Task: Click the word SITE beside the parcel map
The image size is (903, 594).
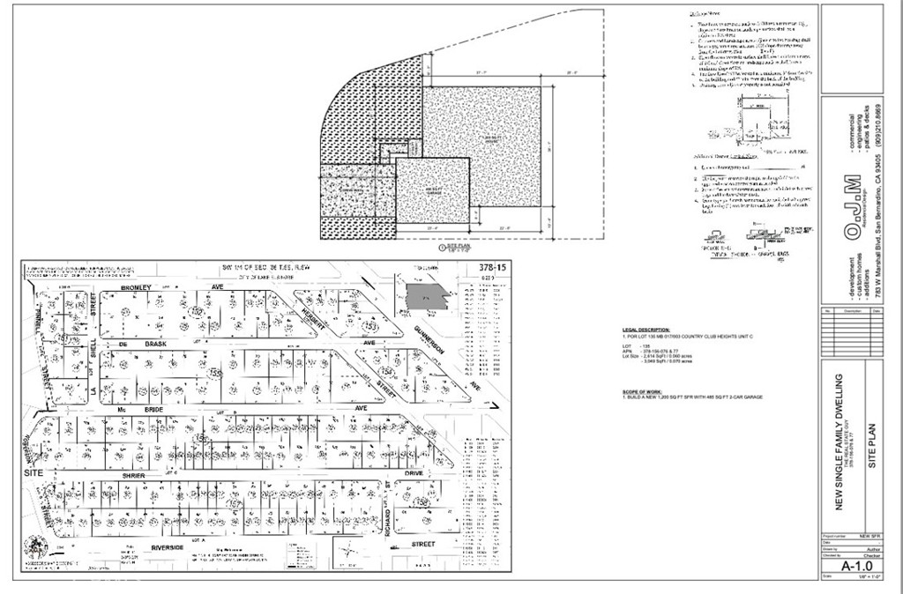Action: [x=34, y=473]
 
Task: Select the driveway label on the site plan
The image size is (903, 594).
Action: [x=346, y=189]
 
